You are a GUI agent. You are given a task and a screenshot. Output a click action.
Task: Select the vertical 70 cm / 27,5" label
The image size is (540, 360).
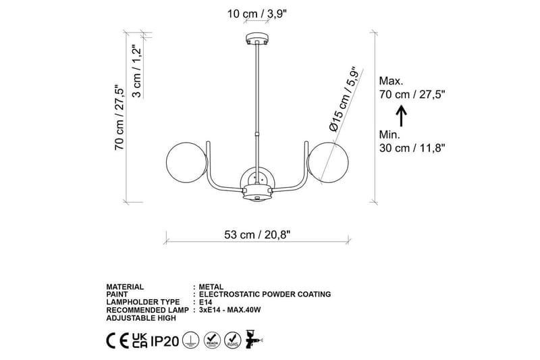click(x=119, y=118)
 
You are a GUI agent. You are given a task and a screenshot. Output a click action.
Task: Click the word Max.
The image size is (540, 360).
click(x=391, y=80)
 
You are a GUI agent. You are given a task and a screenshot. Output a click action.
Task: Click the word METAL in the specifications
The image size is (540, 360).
click(x=210, y=286)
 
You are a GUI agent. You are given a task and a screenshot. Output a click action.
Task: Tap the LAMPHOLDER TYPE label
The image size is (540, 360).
click(x=142, y=302)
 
